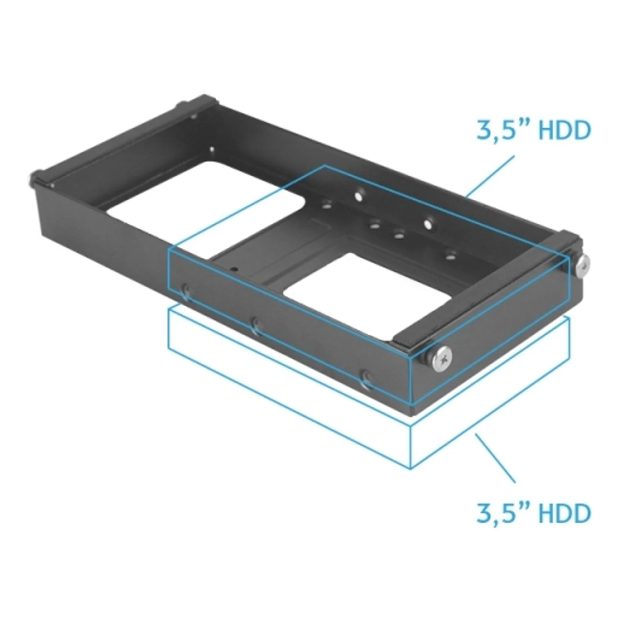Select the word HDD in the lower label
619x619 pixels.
tap(565, 513)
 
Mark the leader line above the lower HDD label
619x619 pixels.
tap(496, 458)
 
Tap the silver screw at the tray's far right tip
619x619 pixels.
tap(583, 266)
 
